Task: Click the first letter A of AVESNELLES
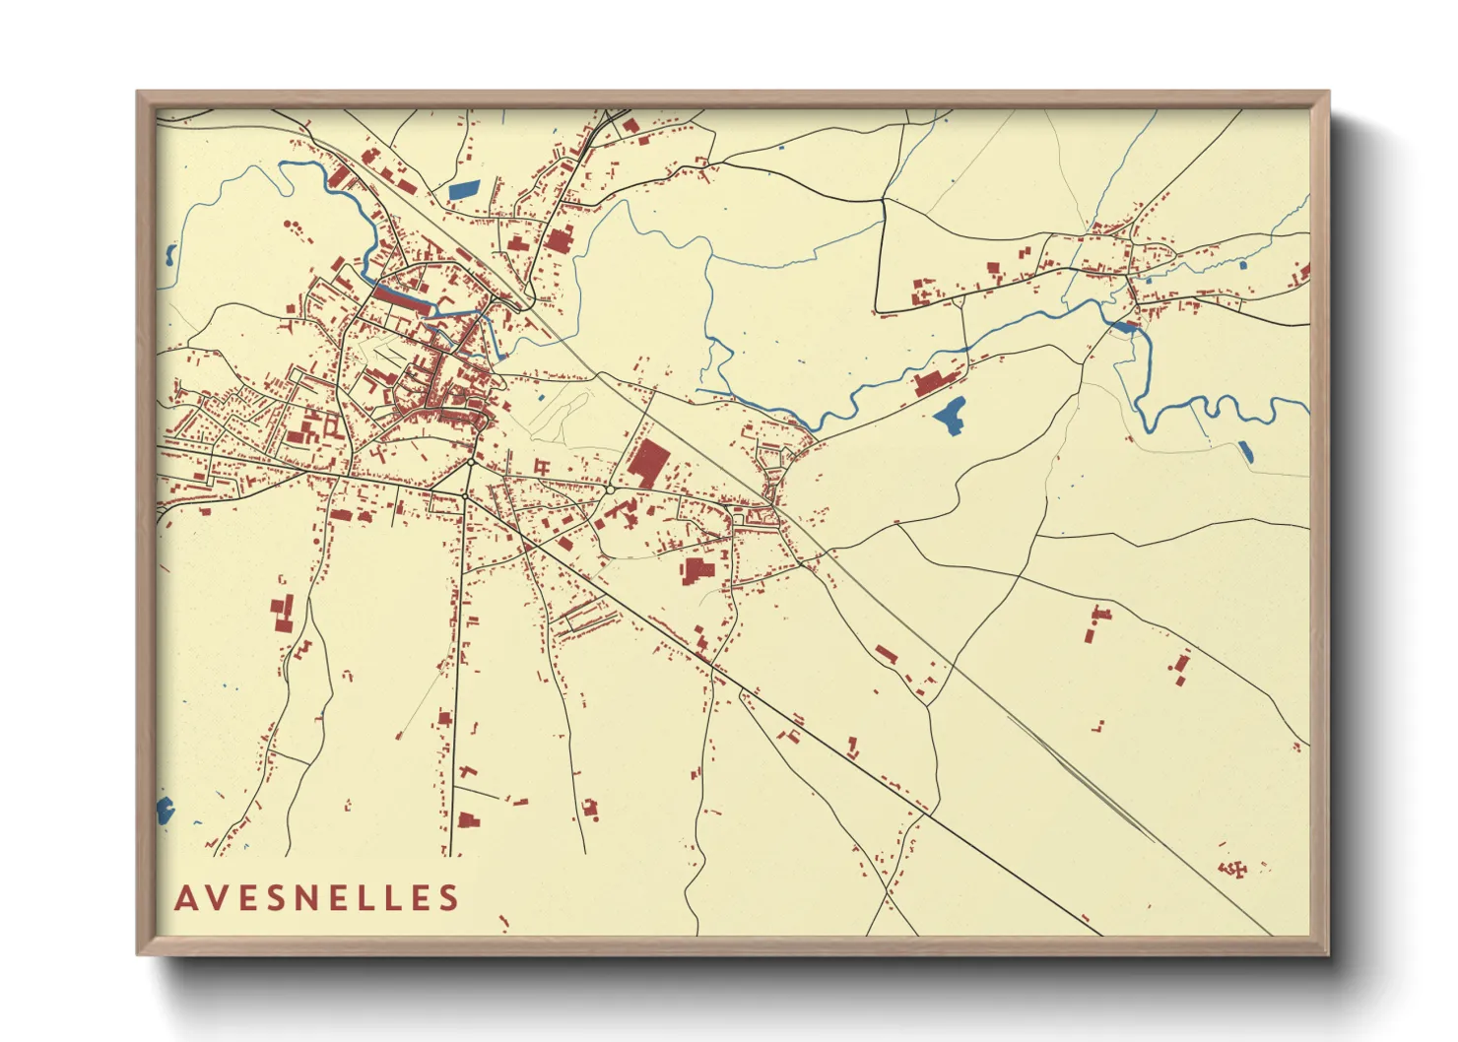click(185, 898)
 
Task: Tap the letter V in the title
click(218, 898)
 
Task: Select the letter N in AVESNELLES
click(317, 898)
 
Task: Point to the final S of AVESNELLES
click(449, 898)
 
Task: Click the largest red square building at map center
click(647, 462)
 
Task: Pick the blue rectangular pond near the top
click(462, 188)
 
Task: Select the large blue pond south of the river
click(950, 416)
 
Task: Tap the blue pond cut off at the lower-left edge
click(165, 812)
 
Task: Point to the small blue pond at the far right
click(1246, 452)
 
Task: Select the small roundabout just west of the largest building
click(610, 489)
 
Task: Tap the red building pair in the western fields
click(283, 612)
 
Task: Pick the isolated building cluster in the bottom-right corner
click(1231, 869)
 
